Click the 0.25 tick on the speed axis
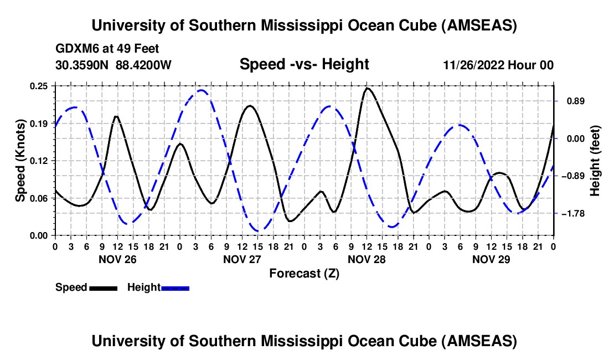pos(40,86)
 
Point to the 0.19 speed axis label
pos(40,123)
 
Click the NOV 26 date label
pos(117,259)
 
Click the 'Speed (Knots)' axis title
pos(20,160)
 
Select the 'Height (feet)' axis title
pos(595,161)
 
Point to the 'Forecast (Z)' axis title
pos(304,273)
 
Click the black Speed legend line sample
pos(103,287)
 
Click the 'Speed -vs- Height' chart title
pos(304,64)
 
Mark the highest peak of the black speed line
pos(367,88)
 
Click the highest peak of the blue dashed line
pos(202,90)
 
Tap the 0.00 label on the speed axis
pos(40,235)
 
